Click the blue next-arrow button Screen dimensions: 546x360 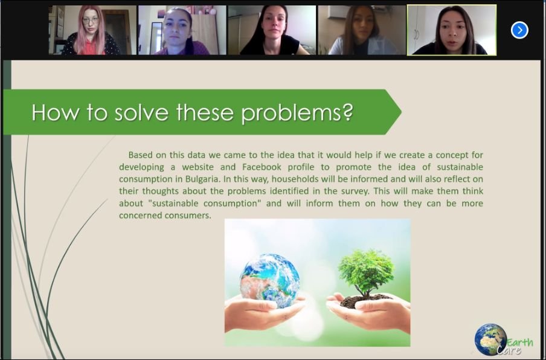[519, 30]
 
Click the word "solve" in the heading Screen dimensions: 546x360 [141, 112]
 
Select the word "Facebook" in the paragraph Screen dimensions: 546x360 [262, 167]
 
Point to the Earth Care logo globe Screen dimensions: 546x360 [490, 339]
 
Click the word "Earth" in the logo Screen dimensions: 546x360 [519, 342]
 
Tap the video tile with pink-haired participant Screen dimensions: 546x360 [92, 30]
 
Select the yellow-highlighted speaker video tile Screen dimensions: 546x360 [452, 30]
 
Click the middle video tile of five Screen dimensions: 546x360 [272, 30]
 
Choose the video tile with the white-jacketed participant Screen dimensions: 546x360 [362, 30]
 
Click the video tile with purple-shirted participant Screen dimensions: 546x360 [182, 30]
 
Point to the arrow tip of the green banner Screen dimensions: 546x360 [401, 112]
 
